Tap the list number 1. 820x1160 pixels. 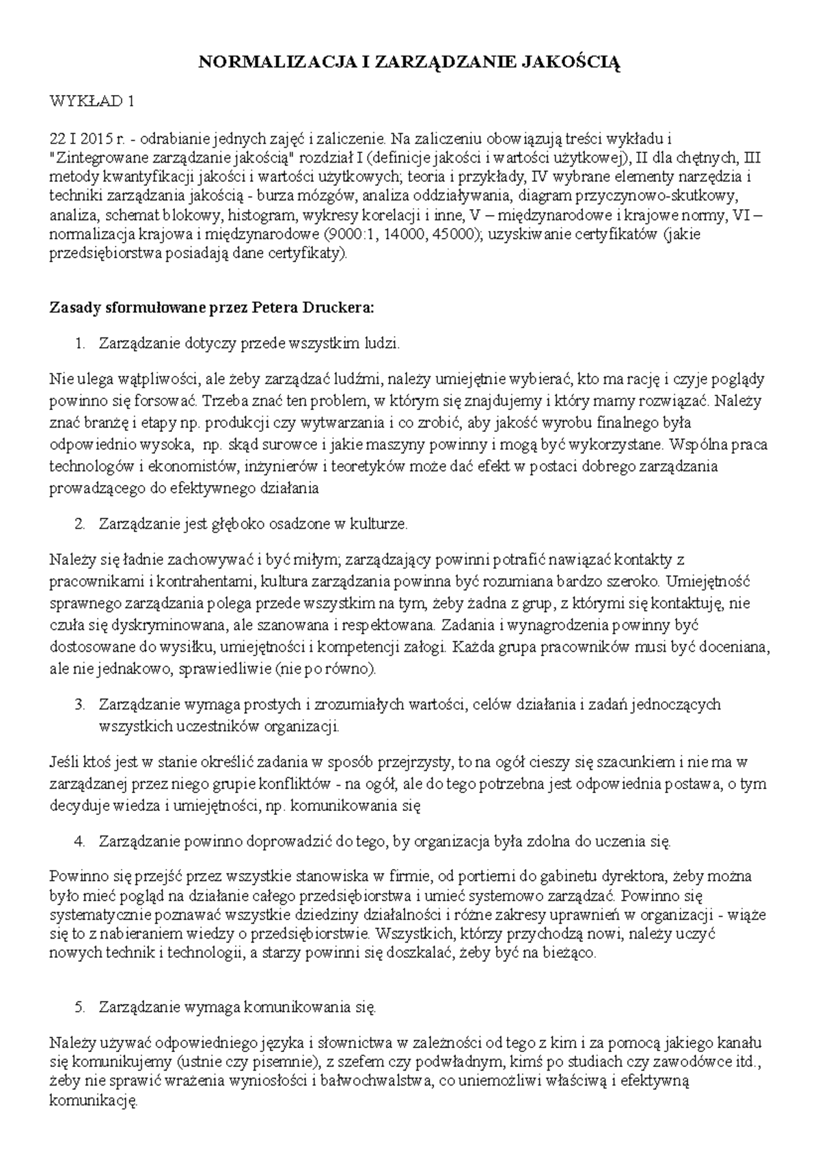click(80, 343)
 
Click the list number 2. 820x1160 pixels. click(80, 524)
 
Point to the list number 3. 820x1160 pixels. click(80, 704)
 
